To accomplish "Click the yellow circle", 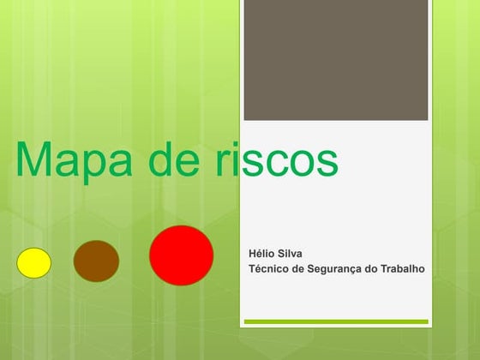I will pos(35,262).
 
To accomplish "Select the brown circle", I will pos(95,261).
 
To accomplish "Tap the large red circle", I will pos(181,255).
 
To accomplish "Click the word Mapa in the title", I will pos(75,160).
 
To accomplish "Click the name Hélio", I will pos(261,255).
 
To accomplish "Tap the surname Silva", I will pos(290,255).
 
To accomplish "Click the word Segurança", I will pos(332,269).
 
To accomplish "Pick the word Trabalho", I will pos(403,269).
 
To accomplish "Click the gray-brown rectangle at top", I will pos(335,59).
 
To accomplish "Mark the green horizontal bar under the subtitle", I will pos(335,321).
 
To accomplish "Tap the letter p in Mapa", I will pos(96,165).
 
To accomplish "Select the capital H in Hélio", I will pos(252,255).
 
